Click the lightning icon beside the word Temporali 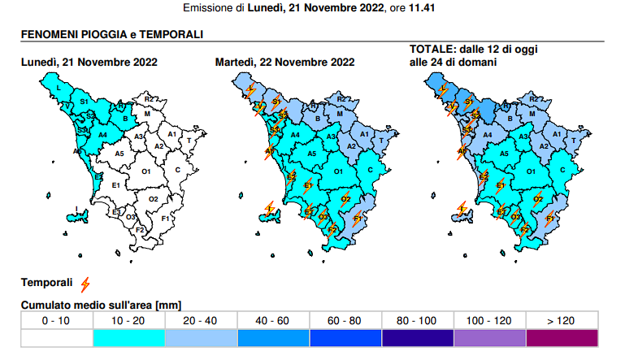pyautogui.click(x=85, y=283)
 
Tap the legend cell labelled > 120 pyautogui.click(x=562, y=321)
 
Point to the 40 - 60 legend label pyautogui.click(x=272, y=321)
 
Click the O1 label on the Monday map pyautogui.click(x=147, y=172)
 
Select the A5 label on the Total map pyautogui.click(x=505, y=154)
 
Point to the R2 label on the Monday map pyautogui.click(x=149, y=99)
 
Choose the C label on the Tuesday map pyautogui.click(x=370, y=169)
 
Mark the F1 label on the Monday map pyautogui.click(x=165, y=219)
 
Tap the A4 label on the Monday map pyautogui.click(x=103, y=135)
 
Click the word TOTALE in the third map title pyautogui.click(x=431, y=49)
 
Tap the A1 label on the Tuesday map pyautogui.click(x=364, y=134)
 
